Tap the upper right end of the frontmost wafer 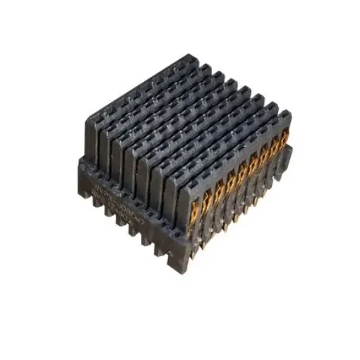[286, 113]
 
